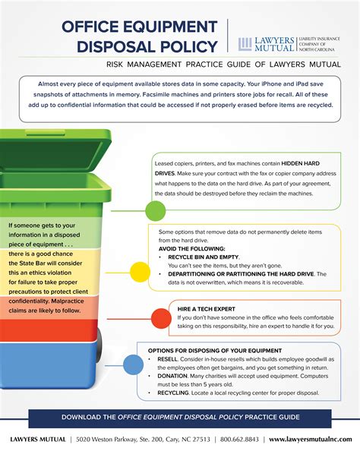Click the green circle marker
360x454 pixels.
156,211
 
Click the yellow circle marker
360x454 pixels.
141,272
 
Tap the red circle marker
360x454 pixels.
161,319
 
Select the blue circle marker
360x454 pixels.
133,365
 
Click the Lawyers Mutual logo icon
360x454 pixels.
245,44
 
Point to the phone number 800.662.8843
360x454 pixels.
239,440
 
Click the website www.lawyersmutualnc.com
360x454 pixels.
311,440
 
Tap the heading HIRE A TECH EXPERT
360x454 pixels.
207,309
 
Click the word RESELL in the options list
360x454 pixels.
167,359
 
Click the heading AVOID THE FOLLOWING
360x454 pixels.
191,249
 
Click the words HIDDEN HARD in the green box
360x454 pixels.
300,163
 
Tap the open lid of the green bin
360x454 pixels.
55,150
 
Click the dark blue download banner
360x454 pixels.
180,418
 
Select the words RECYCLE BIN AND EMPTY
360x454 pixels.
204,257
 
